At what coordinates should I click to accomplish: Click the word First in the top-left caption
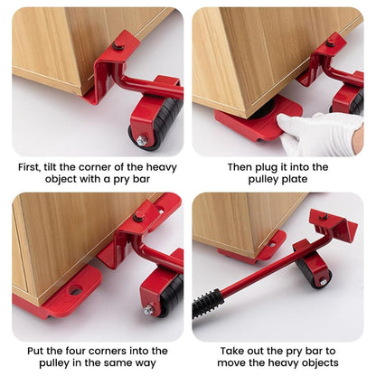[x=30, y=167]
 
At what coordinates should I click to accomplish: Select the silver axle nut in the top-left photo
[x=141, y=141]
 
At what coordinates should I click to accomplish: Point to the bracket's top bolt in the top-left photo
[x=117, y=45]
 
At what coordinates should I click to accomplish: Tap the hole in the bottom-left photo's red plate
[x=75, y=290]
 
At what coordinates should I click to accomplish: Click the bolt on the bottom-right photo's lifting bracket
[x=323, y=217]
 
